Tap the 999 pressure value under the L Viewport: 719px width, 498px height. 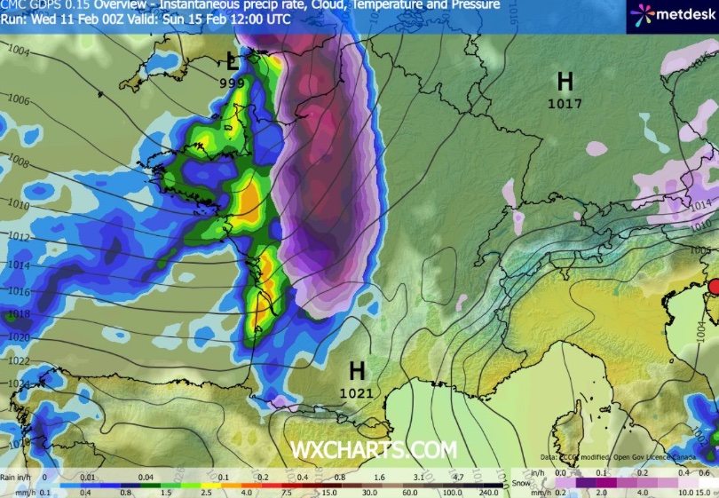[233, 82]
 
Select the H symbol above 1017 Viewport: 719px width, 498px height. [565, 83]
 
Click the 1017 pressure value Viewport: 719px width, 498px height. [565, 104]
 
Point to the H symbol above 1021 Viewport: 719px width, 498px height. [357, 370]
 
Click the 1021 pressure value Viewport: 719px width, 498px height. [357, 391]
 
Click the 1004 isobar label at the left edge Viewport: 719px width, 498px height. [19, 52]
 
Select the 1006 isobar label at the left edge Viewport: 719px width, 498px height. [19, 101]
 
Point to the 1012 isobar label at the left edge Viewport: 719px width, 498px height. [19, 236]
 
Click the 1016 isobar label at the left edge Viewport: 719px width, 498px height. [19, 290]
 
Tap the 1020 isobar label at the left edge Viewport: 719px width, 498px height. [19, 337]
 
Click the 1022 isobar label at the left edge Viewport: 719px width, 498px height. [19, 360]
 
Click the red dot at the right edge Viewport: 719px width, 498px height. [713, 286]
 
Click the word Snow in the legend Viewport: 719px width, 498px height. [522, 483]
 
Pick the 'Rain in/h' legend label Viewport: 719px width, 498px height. [19, 476]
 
